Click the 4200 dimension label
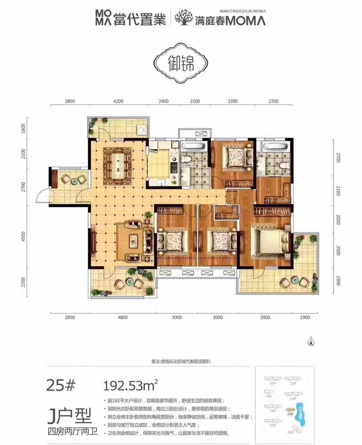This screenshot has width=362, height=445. tap(118, 101)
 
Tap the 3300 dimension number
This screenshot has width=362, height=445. tap(232, 101)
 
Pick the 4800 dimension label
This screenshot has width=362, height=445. tap(122, 317)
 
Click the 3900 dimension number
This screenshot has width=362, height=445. tap(264, 317)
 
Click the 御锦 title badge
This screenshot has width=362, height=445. tap(181, 64)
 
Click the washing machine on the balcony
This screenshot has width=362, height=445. tap(142, 130)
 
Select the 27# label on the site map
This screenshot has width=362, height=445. tap(272, 383)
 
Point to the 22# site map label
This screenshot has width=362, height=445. tap(292, 383)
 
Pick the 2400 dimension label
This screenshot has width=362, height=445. tap(163, 101)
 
